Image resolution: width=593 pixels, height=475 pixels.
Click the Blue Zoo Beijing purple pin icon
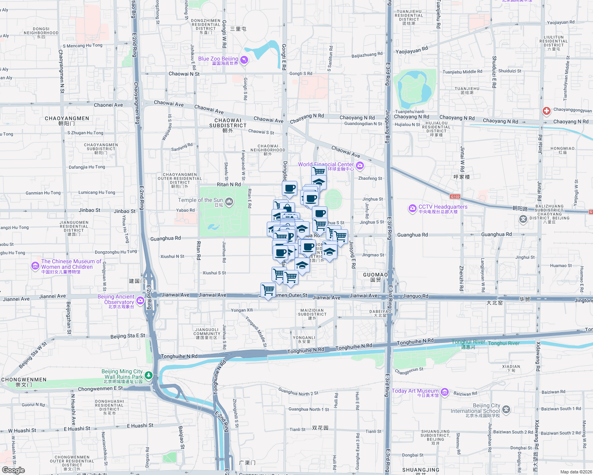pyautogui.click(x=244, y=60)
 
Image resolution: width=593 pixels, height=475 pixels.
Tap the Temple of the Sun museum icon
pyautogui.click(x=229, y=202)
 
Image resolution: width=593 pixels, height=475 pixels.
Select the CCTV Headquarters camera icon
pyautogui.click(x=413, y=208)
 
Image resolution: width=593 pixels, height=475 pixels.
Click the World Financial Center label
pyautogui.click(x=326, y=164)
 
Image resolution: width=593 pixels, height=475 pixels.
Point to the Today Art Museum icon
pyautogui.click(x=444, y=392)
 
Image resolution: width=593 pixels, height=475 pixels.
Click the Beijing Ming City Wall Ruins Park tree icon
pyautogui.click(x=148, y=375)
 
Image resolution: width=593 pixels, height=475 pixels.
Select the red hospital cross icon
pyautogui.click(x=547, y=111)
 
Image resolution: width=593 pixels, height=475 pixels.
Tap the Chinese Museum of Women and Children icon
pyautogui.click(x=35, y=266)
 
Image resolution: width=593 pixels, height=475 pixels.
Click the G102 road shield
pyautogui.click(x=455, y=197)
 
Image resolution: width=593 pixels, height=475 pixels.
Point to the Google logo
pyautogui.click(x=13, y=470)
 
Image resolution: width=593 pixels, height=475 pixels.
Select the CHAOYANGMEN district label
pyautogui.click(x=67, y=118)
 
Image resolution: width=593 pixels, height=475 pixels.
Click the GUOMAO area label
pyautogui.click(x=375, y=275)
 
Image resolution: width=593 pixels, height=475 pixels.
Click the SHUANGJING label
pyautogui.click(x=421, y=470)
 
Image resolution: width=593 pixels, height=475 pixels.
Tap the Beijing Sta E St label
pyautogui.click(x=128, y=336)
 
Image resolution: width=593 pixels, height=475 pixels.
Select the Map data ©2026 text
pyautogui.click(x=574, y=472)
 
